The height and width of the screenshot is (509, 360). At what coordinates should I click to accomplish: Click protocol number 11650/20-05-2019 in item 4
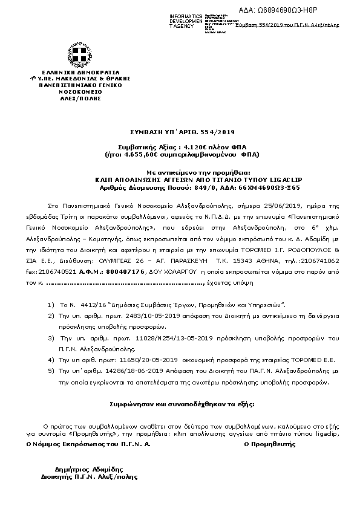(x=141, y=359)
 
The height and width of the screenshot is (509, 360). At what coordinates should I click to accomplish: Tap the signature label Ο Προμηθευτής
(x=266, y=444)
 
